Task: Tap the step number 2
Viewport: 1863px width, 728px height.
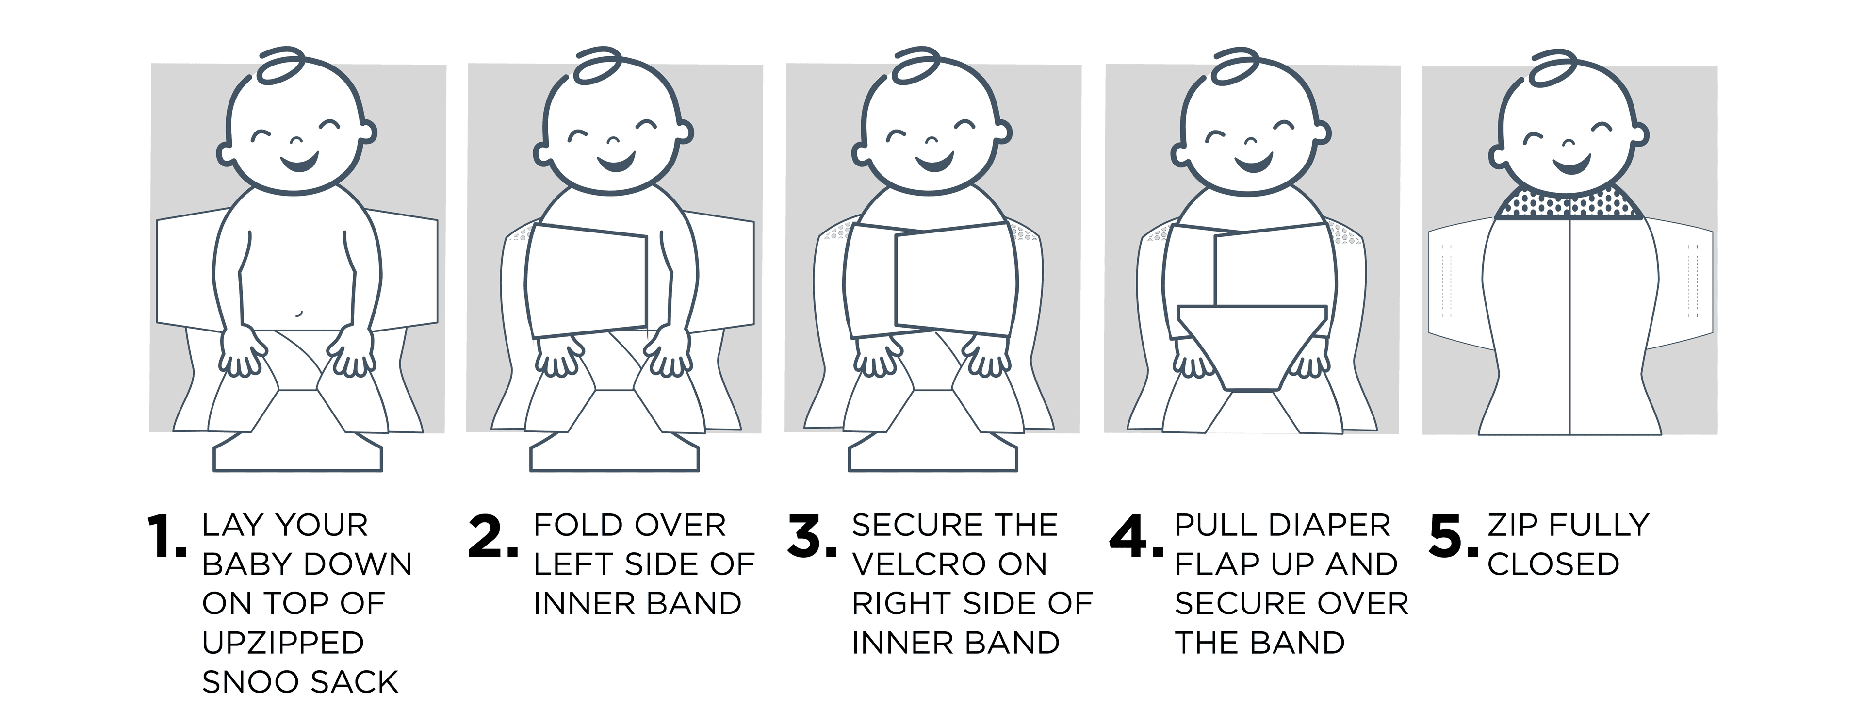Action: point(492,536)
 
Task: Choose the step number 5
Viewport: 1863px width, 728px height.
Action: point(1454,536)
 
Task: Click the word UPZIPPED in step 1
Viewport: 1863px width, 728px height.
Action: point(283,643)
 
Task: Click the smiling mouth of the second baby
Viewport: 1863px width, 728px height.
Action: point(616,162)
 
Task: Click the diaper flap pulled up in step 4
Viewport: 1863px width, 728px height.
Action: point(1252,348)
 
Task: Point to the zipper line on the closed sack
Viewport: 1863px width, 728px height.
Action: point(1569,326)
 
